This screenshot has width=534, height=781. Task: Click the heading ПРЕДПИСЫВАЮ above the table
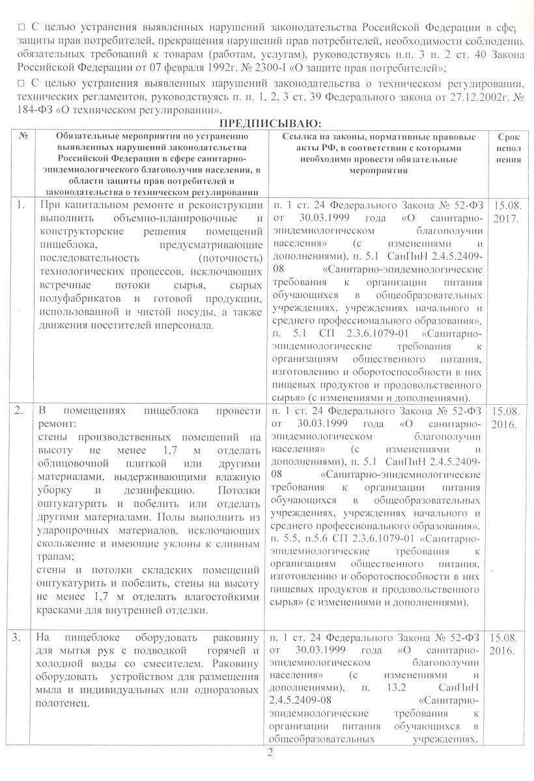tap(268, 124)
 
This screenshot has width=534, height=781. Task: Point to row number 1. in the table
tap(21, 206)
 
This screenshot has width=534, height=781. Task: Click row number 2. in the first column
tap(21, 411)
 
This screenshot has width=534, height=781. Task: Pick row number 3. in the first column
tap(21, 633)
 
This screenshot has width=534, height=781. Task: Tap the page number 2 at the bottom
tap(268, 753)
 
